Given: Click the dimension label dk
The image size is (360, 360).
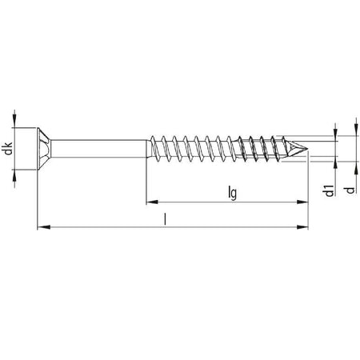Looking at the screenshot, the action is coord(9,149).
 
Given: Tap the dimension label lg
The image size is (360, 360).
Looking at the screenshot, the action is coord(233,193).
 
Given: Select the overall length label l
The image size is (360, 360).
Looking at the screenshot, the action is coord(166,219).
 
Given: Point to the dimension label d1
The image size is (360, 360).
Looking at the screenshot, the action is coord(330,190).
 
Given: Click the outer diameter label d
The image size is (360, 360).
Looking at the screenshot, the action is coord(350,190).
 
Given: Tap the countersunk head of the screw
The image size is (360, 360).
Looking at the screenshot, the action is coord(44,149).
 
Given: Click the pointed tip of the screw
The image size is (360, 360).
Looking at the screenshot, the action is coord(308,149).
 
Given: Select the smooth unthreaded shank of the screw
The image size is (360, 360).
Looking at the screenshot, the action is coord(99,149).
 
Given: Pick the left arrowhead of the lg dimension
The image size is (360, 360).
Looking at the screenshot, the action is coord(152,202).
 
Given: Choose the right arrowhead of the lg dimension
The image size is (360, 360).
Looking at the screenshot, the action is coord(302,202).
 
